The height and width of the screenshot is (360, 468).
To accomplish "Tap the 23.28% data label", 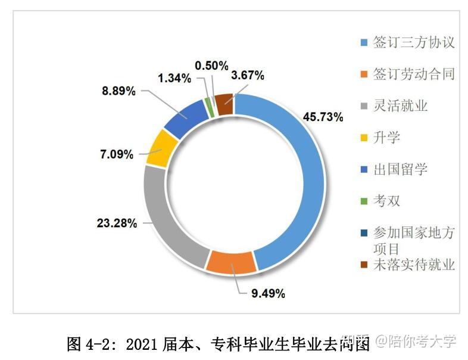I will click(x=117, y=224).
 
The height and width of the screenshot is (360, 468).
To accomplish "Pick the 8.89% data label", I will click(x=118, y=91).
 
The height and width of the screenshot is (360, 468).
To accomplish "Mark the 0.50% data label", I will click(x=211, y=65).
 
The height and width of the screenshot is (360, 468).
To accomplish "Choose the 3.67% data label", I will click(x=248, y=75).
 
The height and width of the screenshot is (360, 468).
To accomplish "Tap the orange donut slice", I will click(x=232, y=262).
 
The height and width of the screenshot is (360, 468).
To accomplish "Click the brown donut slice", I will click(x=223, y=104).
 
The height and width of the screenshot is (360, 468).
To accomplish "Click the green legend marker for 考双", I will click(x=364, y=201).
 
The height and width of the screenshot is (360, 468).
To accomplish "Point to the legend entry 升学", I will click(x=386, y=138).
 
